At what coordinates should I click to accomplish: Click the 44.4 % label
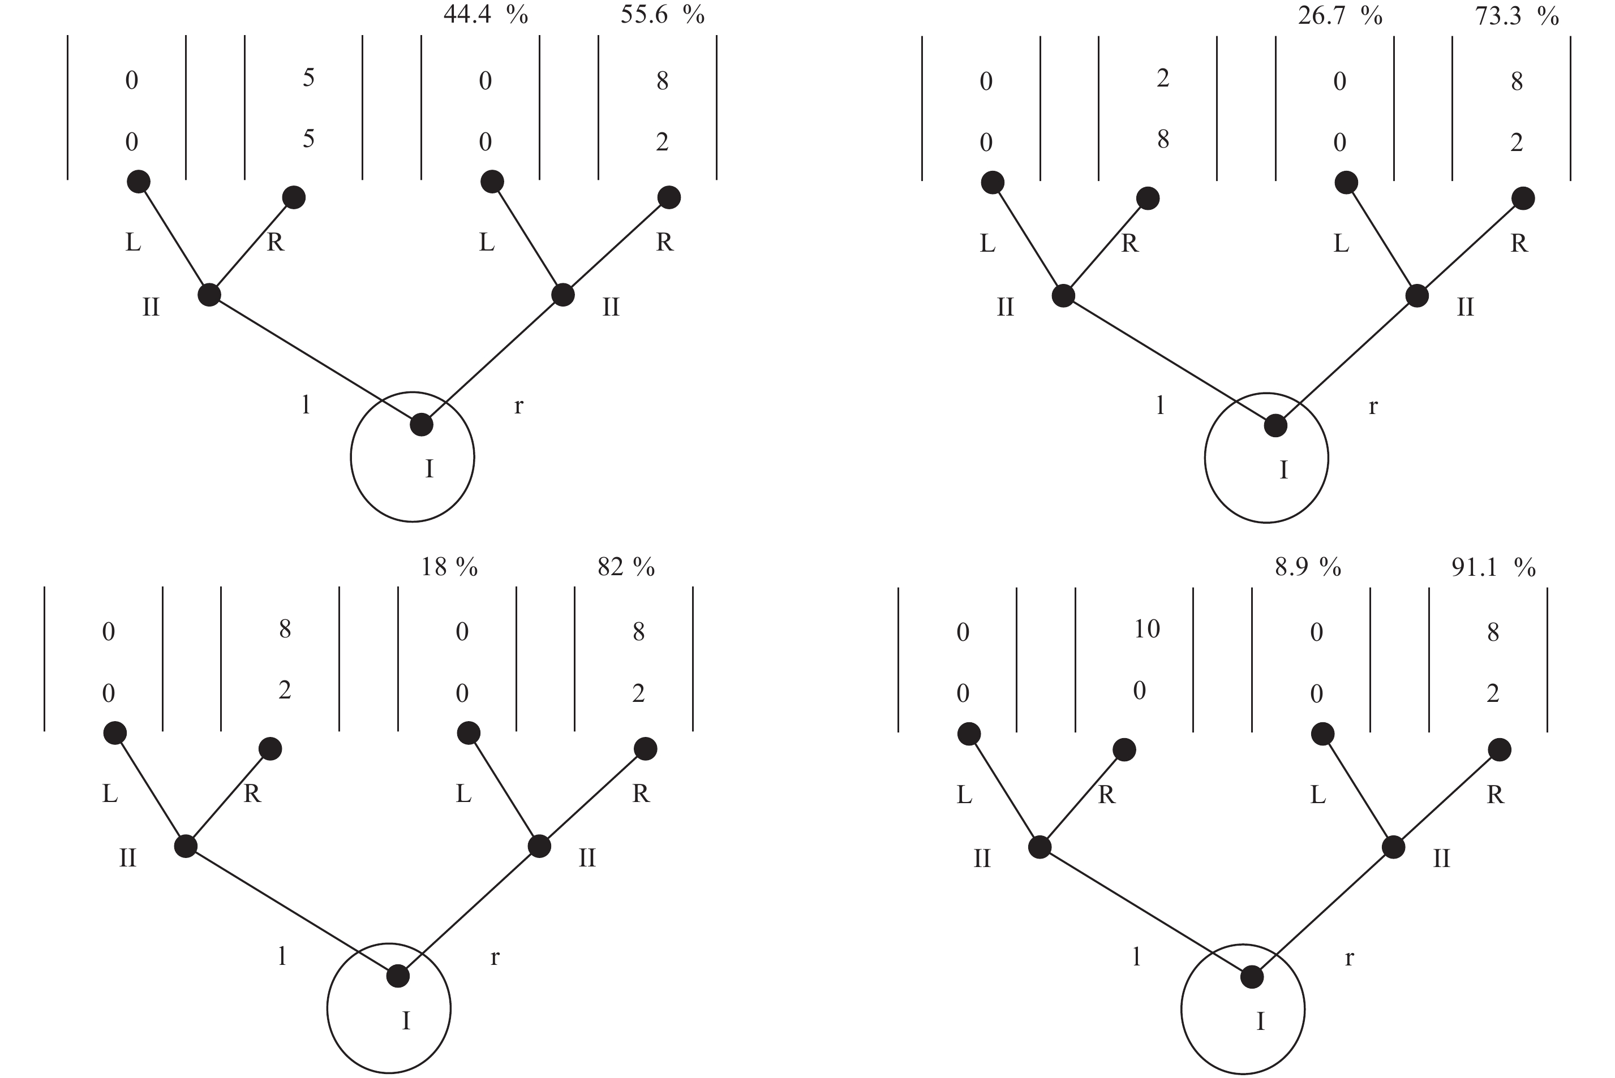pos(486,15)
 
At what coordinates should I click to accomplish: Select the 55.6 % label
pos(663,15)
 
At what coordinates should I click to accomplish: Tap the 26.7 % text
pos(1340,15)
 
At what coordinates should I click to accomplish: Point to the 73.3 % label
pos(1517,15)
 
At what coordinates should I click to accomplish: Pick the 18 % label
pos(449,567)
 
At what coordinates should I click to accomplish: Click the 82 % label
pos(626,567)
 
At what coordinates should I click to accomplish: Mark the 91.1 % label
pos(1493,567)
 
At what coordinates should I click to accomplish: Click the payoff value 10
pos(1146,628)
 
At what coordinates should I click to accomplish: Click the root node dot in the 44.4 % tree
pos(422,425)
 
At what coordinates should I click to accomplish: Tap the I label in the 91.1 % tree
pos(1260,1021)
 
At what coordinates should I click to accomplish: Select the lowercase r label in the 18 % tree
pos(495,957)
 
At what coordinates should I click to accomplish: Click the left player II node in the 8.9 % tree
pos(1040,847)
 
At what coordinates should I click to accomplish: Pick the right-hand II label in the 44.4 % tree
pos(611,307)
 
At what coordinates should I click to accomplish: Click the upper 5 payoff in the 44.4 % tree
pos(309,77)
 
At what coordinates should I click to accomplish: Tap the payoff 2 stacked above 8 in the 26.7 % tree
pos(1163,79)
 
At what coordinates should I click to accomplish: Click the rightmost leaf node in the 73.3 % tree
pos(1523,199)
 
